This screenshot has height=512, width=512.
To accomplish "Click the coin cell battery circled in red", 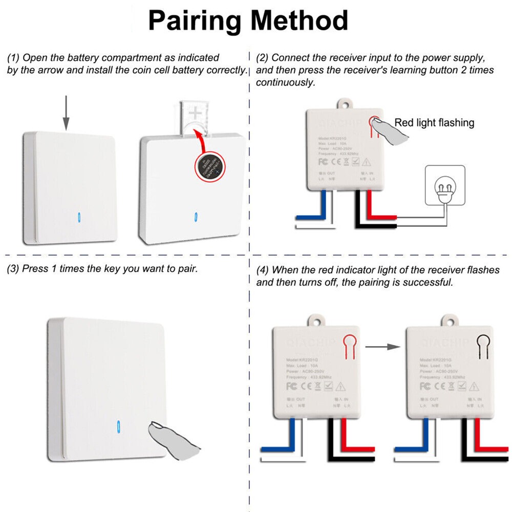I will [210, 166].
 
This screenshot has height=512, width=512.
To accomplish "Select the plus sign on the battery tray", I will [196, 113].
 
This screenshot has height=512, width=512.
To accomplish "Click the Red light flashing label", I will [434, 123].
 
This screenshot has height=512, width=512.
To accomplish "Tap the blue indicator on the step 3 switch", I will [119, 428].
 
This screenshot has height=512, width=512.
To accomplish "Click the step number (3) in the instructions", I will [13, 269].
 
